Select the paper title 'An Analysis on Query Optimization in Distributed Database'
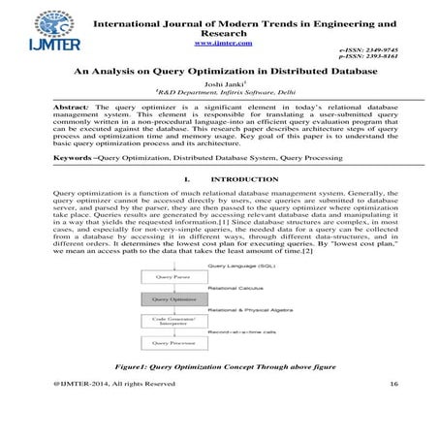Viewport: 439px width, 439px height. tap(219, 72)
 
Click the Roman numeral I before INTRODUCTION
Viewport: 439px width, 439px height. tap(185, 180)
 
